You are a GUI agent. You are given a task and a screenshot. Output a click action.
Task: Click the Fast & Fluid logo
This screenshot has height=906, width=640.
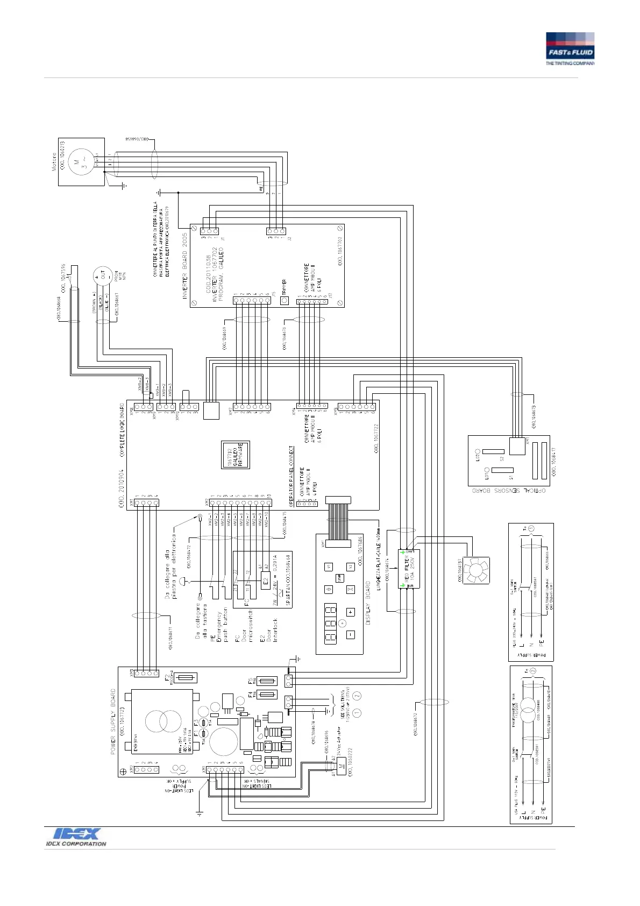tap(570, 49)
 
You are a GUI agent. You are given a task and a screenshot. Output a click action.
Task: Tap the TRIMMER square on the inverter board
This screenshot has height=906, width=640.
tap(286, 301)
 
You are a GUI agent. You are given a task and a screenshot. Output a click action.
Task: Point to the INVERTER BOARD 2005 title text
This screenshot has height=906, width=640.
tap(185, 266)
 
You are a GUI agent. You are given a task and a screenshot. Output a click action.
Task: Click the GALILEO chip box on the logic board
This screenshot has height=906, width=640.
tap(235, 455)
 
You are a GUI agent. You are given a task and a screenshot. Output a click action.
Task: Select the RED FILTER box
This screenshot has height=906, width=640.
tap(409, 569)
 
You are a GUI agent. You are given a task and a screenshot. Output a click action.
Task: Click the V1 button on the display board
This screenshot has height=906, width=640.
tap(329, 567)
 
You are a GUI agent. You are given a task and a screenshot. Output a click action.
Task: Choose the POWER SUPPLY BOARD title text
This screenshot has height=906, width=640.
tap(113, 721)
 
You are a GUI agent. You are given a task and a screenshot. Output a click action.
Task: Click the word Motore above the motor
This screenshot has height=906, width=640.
tap(54, 162)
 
